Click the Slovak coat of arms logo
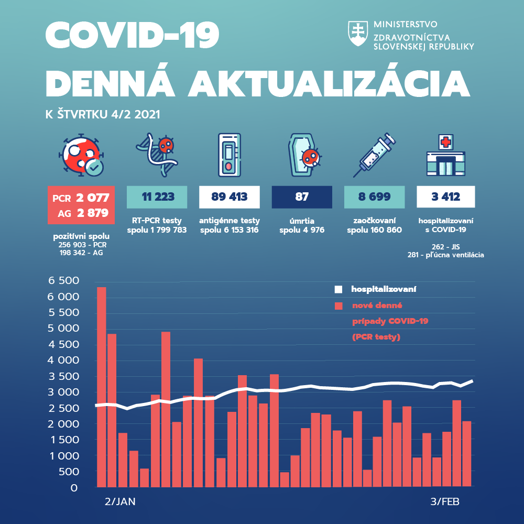[x=358, y=35]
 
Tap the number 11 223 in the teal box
[x=158, y=197]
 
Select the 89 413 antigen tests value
[x=230, y=197]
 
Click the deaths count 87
[x=302, y=197]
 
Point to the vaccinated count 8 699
[x=374, y=197]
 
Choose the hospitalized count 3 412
[x=446, y=197]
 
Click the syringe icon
[x=374, y=155]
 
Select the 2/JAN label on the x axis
[x=120, y=501]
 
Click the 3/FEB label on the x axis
[x=445, y=501]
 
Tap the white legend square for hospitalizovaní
[x=339, y=289]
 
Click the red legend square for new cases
[x=339, y=305]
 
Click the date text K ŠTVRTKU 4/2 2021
[x=103, y=114]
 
